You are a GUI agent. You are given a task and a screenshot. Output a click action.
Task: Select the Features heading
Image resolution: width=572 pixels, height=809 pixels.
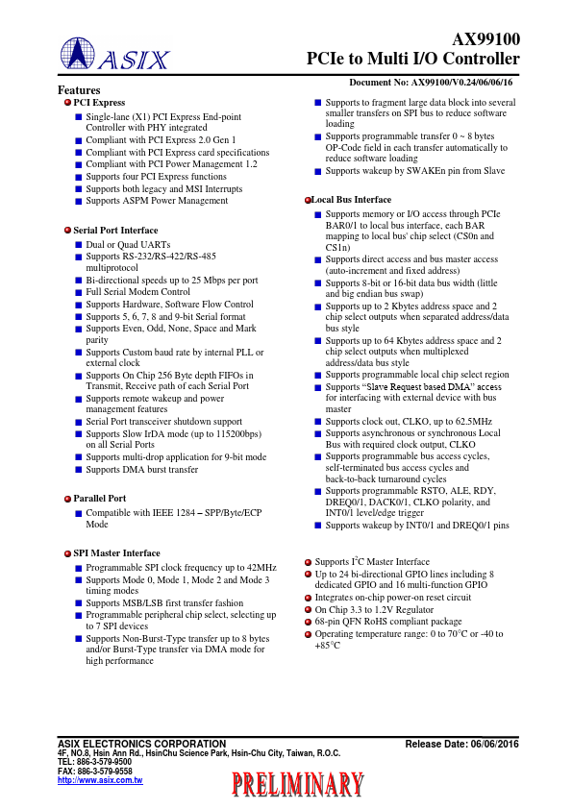[80, 90]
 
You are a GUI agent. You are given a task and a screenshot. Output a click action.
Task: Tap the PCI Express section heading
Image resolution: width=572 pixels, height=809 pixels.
[99, 103]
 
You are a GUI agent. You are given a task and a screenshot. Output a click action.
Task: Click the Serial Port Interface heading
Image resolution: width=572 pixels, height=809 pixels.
[115, 231]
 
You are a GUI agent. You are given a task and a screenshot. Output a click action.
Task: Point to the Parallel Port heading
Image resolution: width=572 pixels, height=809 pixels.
[99, 499]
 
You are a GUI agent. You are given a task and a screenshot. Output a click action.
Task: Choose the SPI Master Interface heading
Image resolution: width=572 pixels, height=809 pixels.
[116, 553]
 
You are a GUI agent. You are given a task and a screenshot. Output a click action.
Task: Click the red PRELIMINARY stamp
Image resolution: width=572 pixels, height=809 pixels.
[298, 786]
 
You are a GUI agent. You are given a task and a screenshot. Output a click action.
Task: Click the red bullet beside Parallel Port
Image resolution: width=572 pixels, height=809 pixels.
[67, 500]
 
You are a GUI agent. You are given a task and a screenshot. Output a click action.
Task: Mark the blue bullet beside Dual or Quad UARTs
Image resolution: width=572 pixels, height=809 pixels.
[79, 245]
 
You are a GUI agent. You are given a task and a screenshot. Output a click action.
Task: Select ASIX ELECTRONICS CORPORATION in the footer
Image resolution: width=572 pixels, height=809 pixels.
[141, 745]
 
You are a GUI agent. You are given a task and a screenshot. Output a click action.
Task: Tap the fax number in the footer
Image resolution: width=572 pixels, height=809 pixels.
[95, 771]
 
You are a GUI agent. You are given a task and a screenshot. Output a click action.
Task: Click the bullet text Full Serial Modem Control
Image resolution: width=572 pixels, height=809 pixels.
[137, 292]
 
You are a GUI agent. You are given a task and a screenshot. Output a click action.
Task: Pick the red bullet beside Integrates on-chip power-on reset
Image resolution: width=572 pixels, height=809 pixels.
[308, 598]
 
